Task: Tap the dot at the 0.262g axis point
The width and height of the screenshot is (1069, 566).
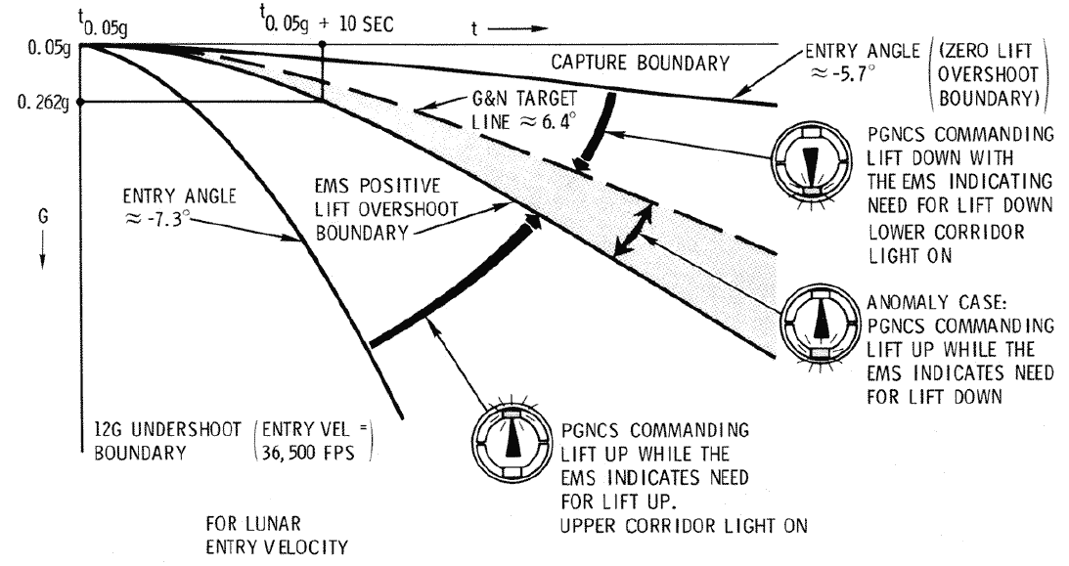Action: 79,100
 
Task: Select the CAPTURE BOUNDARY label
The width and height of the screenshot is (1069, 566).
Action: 641,65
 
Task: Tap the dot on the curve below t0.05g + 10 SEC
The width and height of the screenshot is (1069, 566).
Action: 322,100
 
